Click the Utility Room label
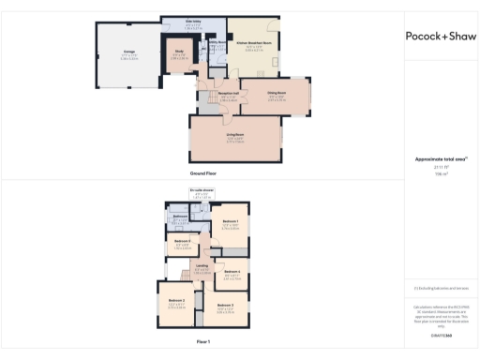pos(216,42)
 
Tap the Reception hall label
pos(227,95)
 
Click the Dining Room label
pos(277,95)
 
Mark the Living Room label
pos(234,136)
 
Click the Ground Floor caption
pos(203,174)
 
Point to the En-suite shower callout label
pos(202,190)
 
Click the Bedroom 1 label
pos(230,221)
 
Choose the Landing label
pos(202,265)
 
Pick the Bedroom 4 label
pos(232,272)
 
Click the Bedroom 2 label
pos(176,300)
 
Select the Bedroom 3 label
pos(225,306)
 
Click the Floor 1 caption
pos(203,341)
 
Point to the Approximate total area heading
pos(441,159)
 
